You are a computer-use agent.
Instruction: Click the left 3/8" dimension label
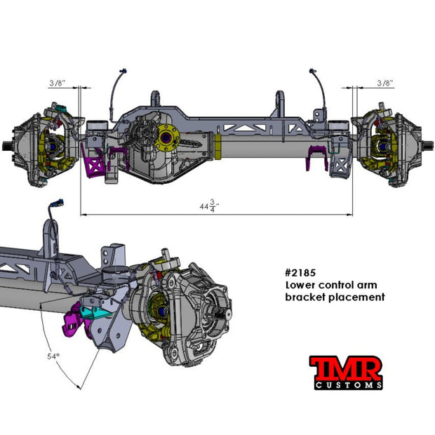[58, 83]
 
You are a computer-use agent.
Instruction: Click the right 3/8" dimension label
[384, 83]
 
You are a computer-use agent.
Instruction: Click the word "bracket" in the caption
[302, 297]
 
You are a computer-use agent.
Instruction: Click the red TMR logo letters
[346, 367]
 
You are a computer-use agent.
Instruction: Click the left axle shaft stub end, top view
[6, 147]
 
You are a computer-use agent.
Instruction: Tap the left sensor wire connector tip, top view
[124, 72]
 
